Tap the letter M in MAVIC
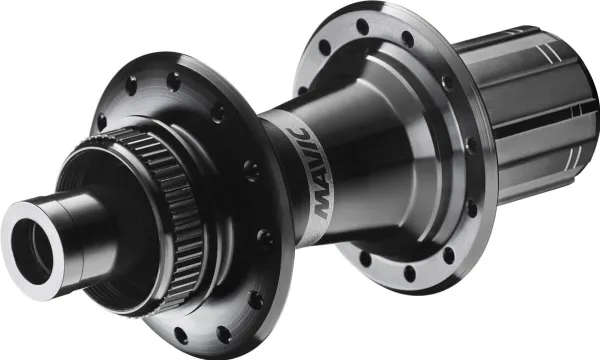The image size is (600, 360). pyautogui.click(x=322, y=208)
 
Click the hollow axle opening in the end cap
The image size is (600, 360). pyautogui.click(x=31, y=251)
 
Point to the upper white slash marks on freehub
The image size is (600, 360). pyautogui.click(x=548, y=54)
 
